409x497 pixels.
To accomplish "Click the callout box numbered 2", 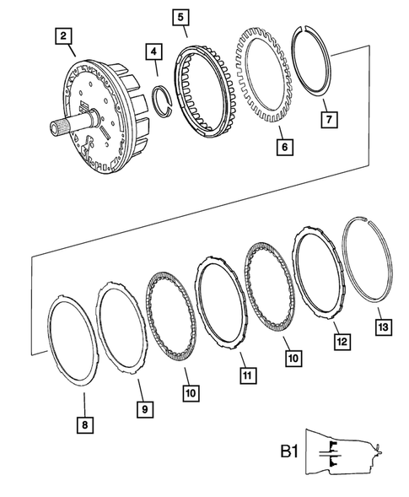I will (x=63, y=36).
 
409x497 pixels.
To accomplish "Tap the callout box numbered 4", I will (x=153, y=52).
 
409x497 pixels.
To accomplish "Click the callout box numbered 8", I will (x=83, y=424).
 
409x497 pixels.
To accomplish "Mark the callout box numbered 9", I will (x=146, y=409).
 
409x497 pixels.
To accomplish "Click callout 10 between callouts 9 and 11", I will (x=187, y=392).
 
